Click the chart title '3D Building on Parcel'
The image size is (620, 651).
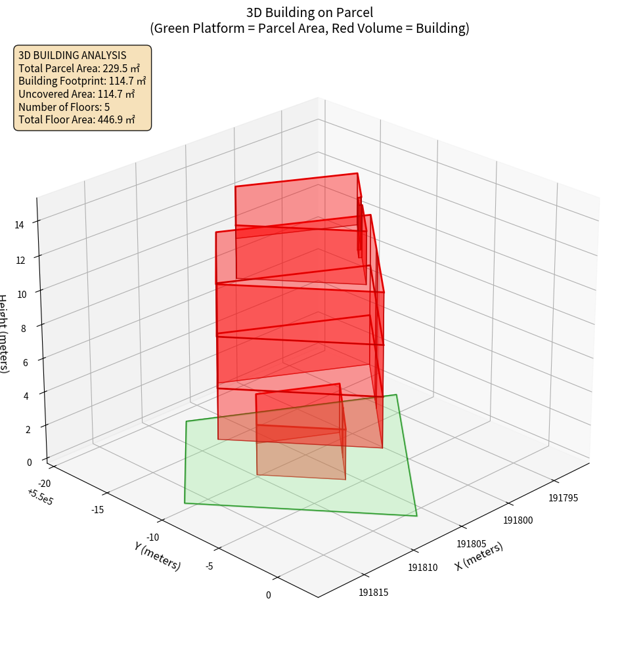tap(309, 12)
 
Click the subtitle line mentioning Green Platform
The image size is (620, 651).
tap(309, 28)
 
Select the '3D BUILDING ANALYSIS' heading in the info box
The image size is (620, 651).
tap(72, 55)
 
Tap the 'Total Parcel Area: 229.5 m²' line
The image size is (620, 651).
tap(79, 68)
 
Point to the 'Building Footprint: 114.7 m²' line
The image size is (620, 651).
tap(82, 81)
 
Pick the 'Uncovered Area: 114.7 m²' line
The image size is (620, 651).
tap(76, 94)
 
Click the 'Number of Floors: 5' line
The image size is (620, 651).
tap(64, 107)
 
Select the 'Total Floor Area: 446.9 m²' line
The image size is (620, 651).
tap(76, 119)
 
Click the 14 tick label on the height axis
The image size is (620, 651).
tap(19, 224)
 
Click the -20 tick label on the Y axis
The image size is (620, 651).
tap(43, 483)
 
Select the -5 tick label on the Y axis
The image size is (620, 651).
tap(209, 565)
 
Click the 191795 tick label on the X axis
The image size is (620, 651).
tap(564, 497)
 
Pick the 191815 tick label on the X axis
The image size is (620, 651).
tap(373, 593)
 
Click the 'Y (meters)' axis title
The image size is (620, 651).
tap(157, 555)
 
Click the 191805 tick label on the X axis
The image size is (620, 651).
tap(471, 543)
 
